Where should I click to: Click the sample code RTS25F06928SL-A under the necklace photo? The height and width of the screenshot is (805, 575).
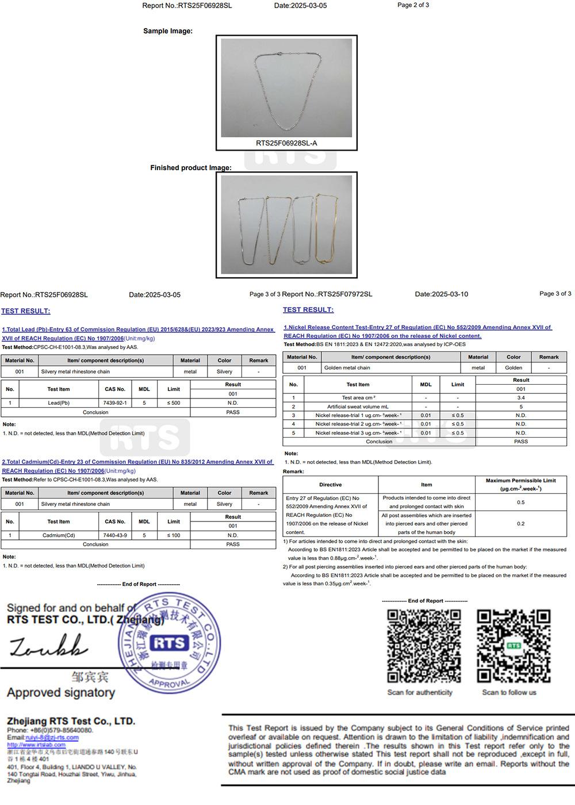(x=286, y=143)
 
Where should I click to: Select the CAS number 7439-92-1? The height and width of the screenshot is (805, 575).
(x=115, y=403)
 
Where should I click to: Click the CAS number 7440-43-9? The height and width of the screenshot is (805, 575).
(x=115, y=535)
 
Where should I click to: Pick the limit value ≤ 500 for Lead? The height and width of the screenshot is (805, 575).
(x=174, y=403)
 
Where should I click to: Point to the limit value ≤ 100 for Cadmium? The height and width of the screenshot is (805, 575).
(x=174, y=535)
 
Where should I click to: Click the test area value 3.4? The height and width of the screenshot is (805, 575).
(x=520, y=398)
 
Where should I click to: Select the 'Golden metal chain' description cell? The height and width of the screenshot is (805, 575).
(x=347, y=368)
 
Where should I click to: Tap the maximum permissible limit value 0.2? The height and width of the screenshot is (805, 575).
(x=520, y=524)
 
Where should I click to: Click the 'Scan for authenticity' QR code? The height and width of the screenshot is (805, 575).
(x=424, y=646)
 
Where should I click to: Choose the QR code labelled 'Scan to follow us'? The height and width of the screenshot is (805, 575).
(x=513, y=646)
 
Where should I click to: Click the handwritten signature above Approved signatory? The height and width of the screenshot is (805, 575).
(x=49, y=646)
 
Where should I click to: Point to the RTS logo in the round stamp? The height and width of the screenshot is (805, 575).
(x=168, y=643)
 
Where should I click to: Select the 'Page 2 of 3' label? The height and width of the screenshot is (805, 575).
(x=413, y=5)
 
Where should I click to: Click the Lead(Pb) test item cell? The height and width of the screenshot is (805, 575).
(x=59, y=403)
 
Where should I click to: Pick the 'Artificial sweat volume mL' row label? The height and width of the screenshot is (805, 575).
(x=358, y=407)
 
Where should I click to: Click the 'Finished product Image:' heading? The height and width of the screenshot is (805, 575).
(x=190, y=168)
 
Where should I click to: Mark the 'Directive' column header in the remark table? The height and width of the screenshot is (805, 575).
(x=330, y=485)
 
